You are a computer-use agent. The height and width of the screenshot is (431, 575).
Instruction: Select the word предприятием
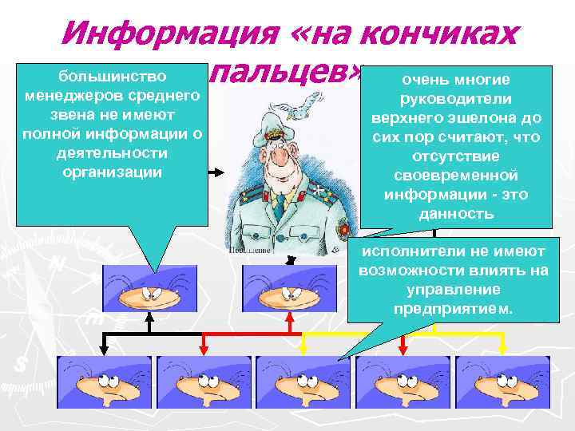(x=454, y=309)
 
